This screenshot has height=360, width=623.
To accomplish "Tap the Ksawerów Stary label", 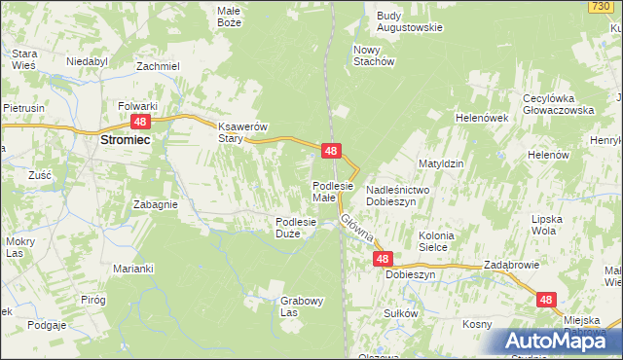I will tap(242, 133).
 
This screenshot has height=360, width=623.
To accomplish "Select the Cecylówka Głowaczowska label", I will tap(558, 104).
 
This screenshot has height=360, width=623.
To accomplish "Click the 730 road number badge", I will tap(601, 7).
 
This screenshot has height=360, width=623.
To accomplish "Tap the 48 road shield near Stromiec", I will tap(140, 121).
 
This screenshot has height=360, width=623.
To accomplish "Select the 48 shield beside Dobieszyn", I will tap(383, 259).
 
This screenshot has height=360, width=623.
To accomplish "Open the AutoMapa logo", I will tap(556, 341).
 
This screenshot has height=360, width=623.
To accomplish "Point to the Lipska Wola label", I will tap(548, 226).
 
